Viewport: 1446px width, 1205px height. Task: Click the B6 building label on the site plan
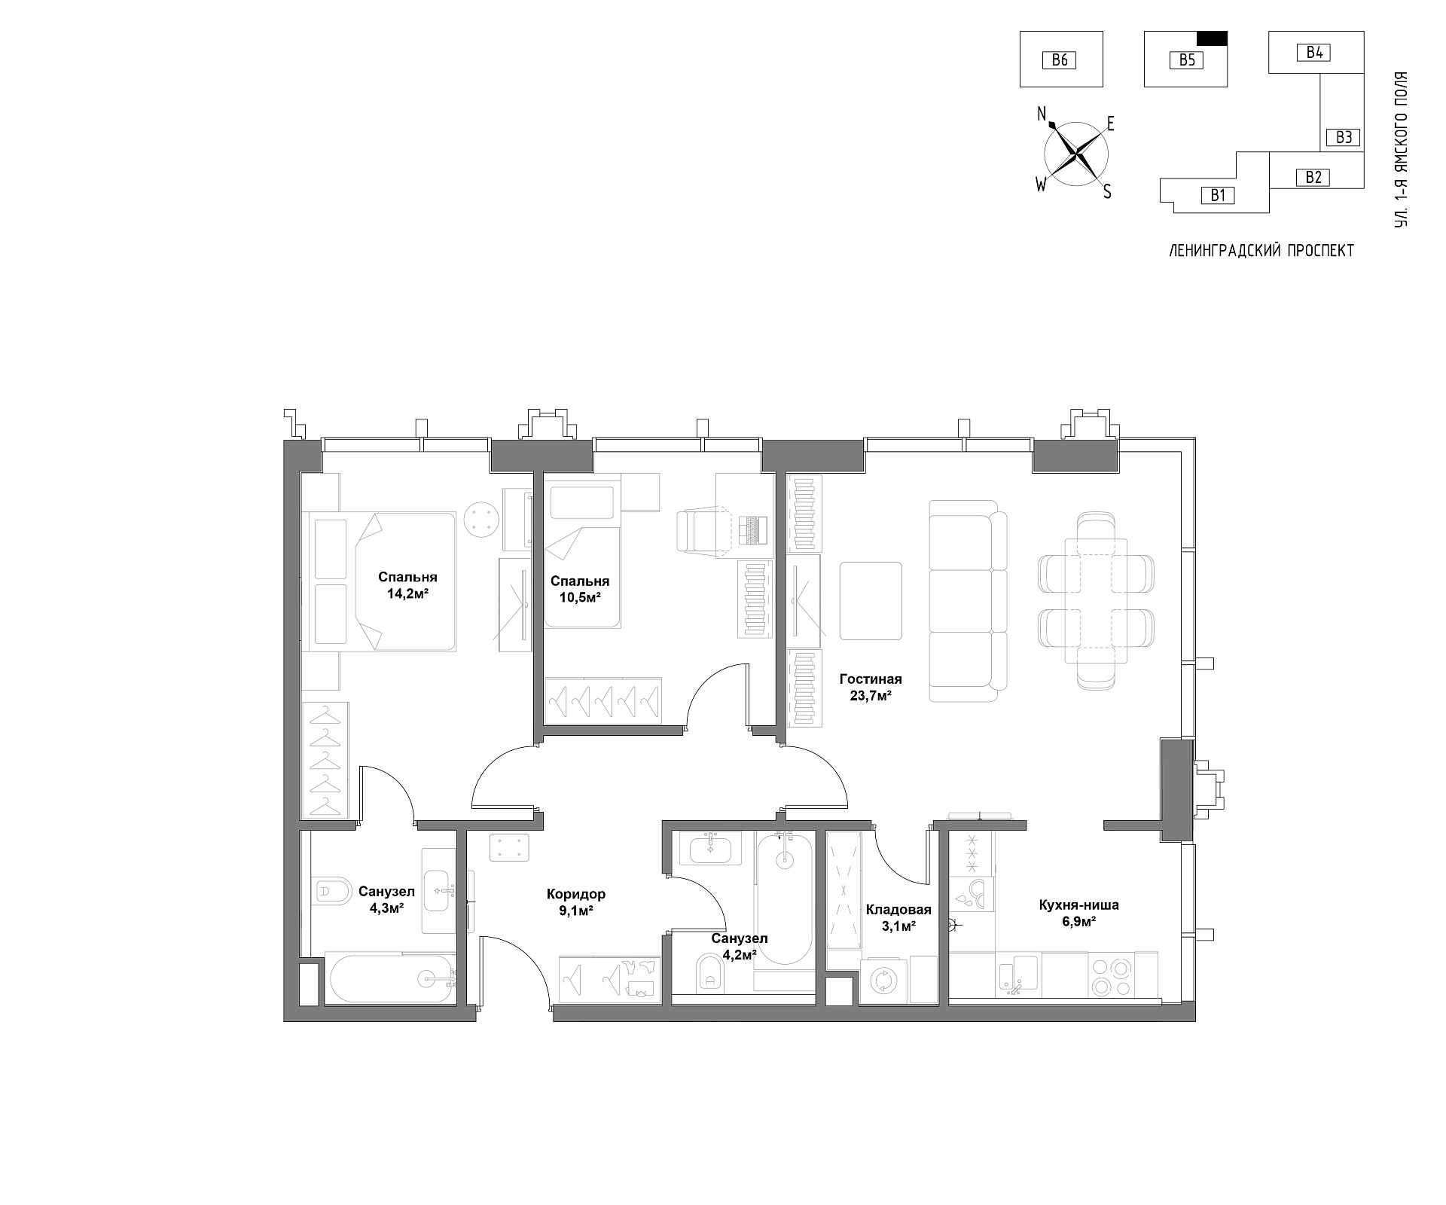tap(1060, 59)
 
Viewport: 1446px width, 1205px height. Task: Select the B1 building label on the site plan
tap(1218, 196)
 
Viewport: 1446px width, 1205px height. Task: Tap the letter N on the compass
tap(1042, 114)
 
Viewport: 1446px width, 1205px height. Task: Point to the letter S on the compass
tap(1107, 192)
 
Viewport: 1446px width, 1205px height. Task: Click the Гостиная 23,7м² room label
tap(871, 688)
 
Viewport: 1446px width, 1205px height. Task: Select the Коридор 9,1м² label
tap(576, 901)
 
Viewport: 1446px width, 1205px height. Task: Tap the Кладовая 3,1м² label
tap(898, 917)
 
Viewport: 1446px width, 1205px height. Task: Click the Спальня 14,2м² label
tap(407, 584)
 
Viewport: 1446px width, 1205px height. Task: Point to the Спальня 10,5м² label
tap(579, 589)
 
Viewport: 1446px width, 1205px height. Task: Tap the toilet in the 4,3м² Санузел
tap(331, 891)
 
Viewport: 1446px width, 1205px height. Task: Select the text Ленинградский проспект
tap(1261, 251)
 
